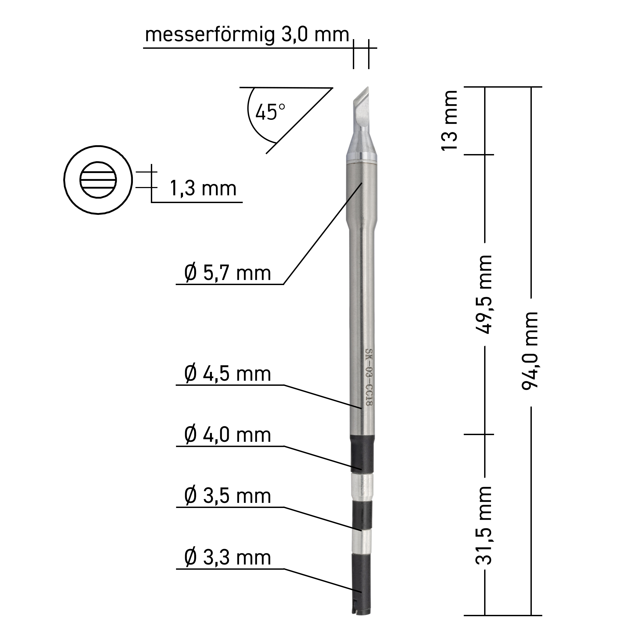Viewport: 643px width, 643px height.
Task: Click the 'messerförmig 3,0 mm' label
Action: point(247,35)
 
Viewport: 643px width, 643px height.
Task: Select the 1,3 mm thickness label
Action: point(203,188)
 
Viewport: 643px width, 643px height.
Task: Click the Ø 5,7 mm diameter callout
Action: point(228,273)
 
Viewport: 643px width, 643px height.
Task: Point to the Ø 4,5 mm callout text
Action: point(228,374)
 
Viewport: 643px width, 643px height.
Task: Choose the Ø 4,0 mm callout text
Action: point(228,435)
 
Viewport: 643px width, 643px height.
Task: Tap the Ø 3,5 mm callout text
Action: point(228,496)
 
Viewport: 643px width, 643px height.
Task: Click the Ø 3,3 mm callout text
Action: point(228,558)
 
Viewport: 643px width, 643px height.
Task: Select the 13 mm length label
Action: point(449,121)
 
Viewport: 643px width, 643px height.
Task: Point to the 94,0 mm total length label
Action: point(530,351)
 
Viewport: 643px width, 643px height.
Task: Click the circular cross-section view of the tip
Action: point(98,180)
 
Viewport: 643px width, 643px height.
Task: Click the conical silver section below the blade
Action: point(361,147)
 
